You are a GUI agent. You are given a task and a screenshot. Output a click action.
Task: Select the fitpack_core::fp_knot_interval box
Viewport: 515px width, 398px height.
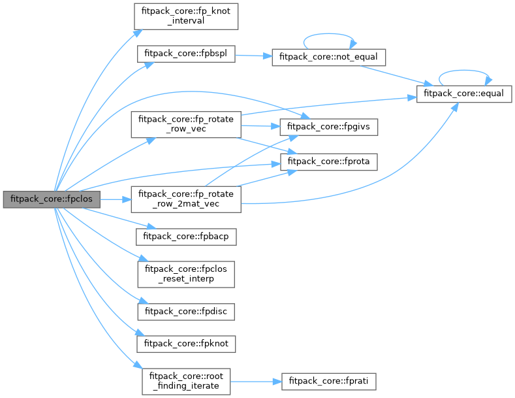click(185, 15)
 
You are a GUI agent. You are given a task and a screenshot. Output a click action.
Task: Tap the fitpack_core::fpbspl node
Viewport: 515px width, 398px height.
click(185, 54)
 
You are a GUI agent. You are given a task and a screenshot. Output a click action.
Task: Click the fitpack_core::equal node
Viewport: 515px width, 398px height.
click(463, 93)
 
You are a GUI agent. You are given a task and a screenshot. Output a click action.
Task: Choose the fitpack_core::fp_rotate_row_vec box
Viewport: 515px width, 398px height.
click(185, 124)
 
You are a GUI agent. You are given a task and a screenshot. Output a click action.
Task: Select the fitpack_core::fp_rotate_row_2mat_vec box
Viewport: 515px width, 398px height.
click(185, 199)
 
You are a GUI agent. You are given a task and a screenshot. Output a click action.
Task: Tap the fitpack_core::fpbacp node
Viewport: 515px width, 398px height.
click(185, 237)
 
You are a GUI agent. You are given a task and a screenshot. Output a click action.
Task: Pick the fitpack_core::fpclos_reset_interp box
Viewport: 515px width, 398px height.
click(185, 274)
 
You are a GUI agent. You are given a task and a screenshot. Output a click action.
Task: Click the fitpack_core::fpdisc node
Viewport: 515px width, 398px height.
click(185, 311)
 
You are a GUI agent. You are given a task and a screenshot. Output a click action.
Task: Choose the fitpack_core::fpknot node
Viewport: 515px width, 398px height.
click(185, 342)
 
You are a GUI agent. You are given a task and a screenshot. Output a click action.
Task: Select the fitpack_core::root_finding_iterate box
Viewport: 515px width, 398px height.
click(185, 380)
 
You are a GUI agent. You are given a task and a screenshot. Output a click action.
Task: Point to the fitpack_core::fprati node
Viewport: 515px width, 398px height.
click(329, 380)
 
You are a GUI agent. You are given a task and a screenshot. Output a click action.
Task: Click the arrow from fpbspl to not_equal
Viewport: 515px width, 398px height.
click(251, 56)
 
